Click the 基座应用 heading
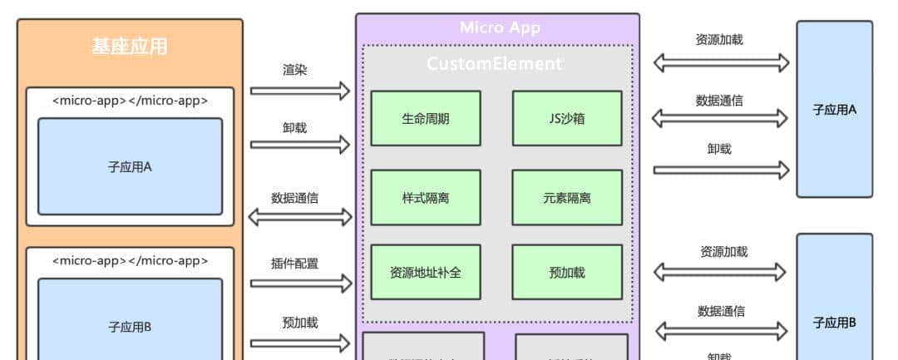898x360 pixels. click(130, 47)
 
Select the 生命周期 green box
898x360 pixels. click(425, 118)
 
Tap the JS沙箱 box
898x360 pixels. click(566, 118)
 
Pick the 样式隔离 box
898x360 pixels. click(425, 198)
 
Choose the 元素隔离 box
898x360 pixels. click(566, 198)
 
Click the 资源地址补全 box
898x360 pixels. click(425, 272)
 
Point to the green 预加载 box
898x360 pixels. click(566, 272)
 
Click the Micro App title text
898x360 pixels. click(500, 27)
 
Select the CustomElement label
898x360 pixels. click(495, 63)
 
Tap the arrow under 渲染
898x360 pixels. click(300, 91)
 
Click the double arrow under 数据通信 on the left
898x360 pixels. click(300, 218)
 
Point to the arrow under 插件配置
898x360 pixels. click(300, 284)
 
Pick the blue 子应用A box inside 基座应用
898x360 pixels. click(130, 166)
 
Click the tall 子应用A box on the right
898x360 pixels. click(835, 109)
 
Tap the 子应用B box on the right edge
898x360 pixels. click(835, 321)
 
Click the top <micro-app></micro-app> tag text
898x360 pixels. click(130, 101)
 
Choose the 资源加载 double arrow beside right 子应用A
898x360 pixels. click(721, 62)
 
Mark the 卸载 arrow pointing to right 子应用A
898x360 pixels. click(721, 170)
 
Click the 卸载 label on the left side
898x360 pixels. click(294, 128)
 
